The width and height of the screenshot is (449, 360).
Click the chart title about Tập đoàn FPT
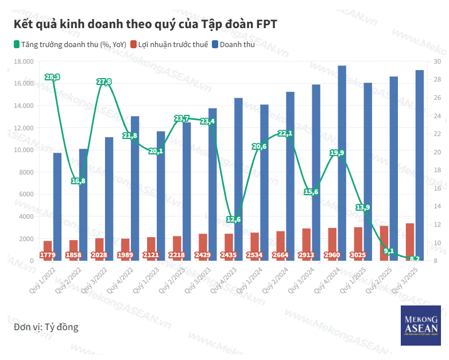tap(145, 24)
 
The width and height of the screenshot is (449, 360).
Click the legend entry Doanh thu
tap(237, 44)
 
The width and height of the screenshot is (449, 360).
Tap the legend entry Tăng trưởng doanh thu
tap(69, 44)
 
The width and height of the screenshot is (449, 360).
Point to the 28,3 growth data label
tap(52, 77)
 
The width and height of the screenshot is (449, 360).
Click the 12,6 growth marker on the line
tap(234, 219)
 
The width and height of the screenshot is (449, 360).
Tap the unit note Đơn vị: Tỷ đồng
tap(46, 327)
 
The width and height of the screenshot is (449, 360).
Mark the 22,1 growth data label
tap(285, 133)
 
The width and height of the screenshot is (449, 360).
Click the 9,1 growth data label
tap(389, 251)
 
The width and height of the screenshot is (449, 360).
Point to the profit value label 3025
tap(358, 255)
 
